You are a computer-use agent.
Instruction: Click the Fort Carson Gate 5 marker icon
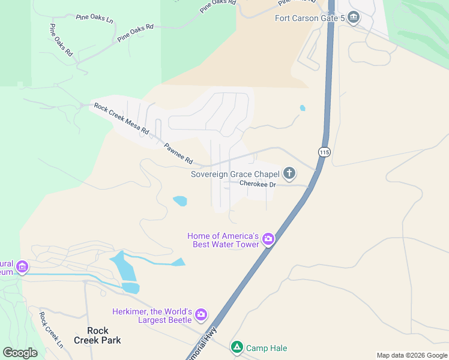(354, 17)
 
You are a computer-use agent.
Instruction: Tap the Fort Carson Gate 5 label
(310, 18)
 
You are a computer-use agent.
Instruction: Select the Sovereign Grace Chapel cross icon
(289, 174)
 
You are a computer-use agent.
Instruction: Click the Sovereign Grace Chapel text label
(234, 175)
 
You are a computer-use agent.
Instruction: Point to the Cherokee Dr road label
(257, 184)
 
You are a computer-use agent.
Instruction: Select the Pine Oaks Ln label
(95, 18)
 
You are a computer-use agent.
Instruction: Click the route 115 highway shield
(324, 152)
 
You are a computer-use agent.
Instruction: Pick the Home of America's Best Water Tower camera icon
(268, 239)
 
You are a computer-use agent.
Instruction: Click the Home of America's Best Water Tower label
(223, 240)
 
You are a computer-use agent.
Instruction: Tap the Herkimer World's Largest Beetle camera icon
(201, 314)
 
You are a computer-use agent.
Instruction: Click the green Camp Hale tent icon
(237, 347)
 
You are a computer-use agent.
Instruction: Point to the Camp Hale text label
(267, 348)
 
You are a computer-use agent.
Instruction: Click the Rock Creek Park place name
(97, 335)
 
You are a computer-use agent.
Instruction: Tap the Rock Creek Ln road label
(50, 330)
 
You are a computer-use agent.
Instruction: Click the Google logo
(20, 353)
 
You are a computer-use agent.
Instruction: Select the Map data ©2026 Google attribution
(412, 355)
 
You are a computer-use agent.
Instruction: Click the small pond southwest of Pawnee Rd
(179, 201)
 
